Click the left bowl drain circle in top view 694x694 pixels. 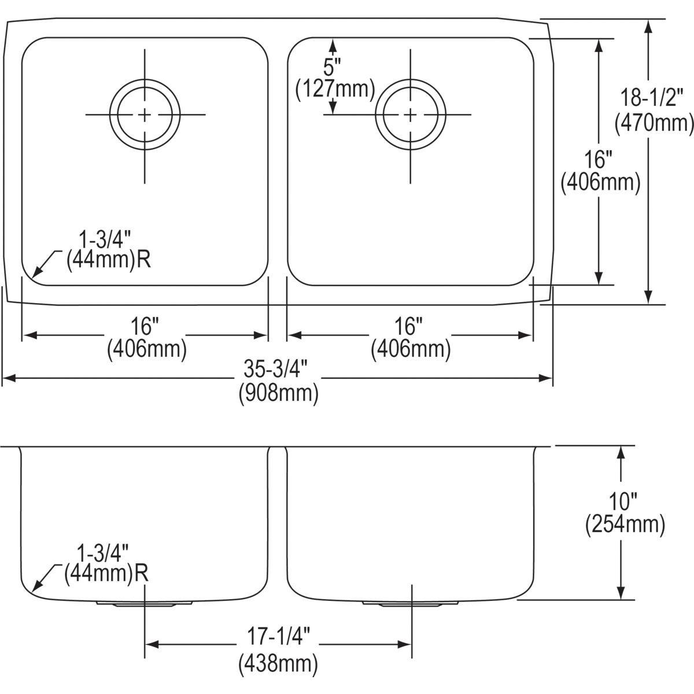[145, 115]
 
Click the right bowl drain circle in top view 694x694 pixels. [411, 115]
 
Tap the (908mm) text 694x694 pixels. [279, 393]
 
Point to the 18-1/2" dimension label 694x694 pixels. [653, 97]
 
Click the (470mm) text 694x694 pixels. [654, 123]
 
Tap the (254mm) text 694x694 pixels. [625, 524]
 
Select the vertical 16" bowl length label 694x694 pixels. [600, 158]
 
